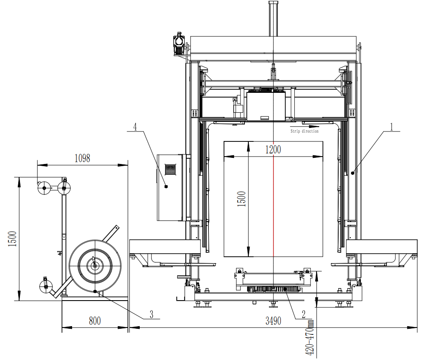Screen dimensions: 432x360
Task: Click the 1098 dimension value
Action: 82,158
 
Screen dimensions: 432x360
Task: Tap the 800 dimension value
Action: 95,321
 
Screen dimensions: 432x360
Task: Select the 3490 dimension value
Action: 273,321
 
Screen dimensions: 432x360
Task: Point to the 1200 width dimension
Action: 273,150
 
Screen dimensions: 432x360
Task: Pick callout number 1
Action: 391,127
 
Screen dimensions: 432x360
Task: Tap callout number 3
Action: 151,314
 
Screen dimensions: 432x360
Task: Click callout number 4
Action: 135,127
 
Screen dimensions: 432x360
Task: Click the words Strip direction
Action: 304,131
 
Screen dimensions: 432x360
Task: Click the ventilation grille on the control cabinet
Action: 170,169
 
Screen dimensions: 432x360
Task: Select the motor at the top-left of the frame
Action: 178,45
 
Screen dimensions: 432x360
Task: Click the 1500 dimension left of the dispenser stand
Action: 13,239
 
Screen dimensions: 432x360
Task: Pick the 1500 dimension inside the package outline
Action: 241,199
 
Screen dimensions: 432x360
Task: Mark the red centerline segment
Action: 273,206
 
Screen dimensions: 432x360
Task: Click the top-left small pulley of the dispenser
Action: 44,189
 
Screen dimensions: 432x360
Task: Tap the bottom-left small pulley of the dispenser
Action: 46,287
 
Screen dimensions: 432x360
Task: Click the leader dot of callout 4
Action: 166,187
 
